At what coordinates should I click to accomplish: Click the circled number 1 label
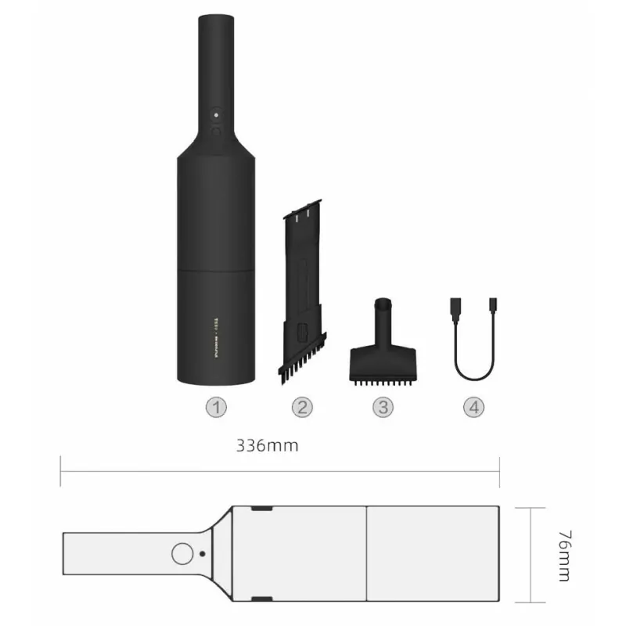pos(216,407)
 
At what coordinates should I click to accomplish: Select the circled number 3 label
pos(383,407)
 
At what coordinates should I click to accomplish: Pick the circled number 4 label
pos(473,407)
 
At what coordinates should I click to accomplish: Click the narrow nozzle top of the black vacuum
pos(217,47)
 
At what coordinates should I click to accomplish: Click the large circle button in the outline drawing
pos(182,553)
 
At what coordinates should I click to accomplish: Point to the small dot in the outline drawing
pos(203,553)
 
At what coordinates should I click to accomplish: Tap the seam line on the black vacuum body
pos(217,270)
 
